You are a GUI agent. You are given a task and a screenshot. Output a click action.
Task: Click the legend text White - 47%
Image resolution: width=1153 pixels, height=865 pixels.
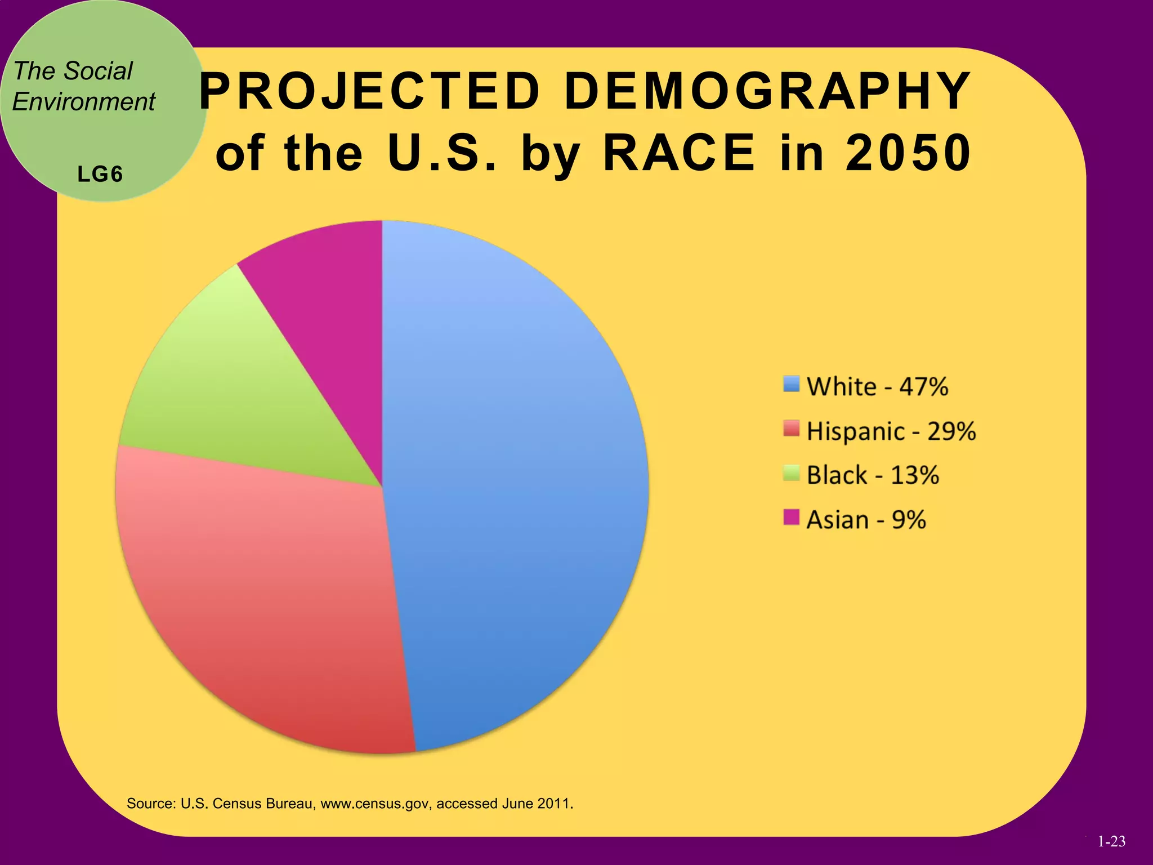point(877,387)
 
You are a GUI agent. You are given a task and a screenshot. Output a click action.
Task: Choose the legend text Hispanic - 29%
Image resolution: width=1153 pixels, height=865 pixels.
point(891,431)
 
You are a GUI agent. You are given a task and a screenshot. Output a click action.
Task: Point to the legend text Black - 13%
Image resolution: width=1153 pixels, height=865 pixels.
point(872,475)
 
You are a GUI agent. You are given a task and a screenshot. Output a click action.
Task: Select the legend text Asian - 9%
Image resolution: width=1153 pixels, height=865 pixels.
point(866,520)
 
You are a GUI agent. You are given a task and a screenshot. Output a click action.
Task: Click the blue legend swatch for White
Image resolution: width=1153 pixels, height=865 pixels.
point(791,384)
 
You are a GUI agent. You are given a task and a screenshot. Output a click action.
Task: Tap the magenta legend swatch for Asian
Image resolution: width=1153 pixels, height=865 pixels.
point(791,517)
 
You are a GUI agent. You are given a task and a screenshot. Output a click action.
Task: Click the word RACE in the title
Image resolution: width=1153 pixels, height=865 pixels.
point(679,153)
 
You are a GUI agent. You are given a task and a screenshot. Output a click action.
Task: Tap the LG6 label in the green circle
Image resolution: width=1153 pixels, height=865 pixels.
point(100,175)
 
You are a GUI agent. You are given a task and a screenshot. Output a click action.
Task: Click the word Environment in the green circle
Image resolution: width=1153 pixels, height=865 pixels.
point(83,102)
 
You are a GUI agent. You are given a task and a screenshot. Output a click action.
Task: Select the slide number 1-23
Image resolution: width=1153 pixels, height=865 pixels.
point(1111,841)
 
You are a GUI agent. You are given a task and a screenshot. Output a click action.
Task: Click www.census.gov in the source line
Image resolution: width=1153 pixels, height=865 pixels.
point(376,804)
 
